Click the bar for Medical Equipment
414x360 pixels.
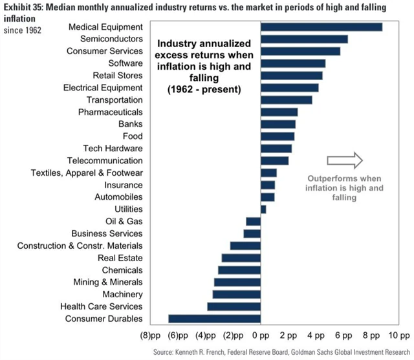(321, 27)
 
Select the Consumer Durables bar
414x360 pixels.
(215, 319)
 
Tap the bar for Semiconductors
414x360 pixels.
(304, 39)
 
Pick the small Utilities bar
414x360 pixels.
(263, 209)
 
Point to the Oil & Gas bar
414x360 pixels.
(253, 222)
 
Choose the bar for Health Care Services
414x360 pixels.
(234, 306)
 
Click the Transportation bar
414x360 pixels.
(287, 100)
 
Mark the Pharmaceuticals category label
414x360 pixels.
(111, 112)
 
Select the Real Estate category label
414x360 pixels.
(120, 258)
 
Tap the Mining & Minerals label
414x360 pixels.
(107, 282)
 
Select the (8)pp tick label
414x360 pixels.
(149, 336)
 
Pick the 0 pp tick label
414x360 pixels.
(260, 336)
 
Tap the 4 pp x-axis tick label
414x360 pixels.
(316, 336)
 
